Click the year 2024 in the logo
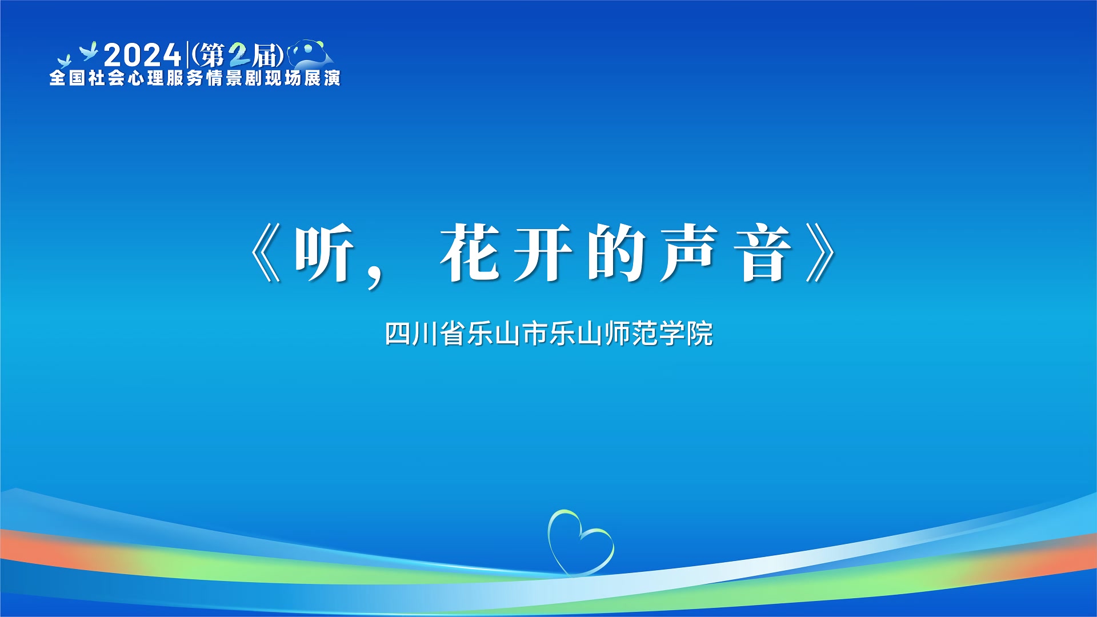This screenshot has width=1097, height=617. [142, 55]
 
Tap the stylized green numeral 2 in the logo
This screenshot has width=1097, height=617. [239, 55]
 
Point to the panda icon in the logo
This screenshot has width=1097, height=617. [311, 54]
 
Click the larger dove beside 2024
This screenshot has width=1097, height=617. [89, 51]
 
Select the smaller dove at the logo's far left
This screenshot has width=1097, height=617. [64, 61]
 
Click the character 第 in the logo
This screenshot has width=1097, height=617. [212, 55]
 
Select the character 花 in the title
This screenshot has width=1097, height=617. [470, 253]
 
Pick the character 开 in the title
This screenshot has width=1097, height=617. [543, 253]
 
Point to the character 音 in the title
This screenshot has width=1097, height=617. [763, 253]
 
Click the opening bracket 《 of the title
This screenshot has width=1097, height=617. [266, 253]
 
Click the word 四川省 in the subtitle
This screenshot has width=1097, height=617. [425, 334]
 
